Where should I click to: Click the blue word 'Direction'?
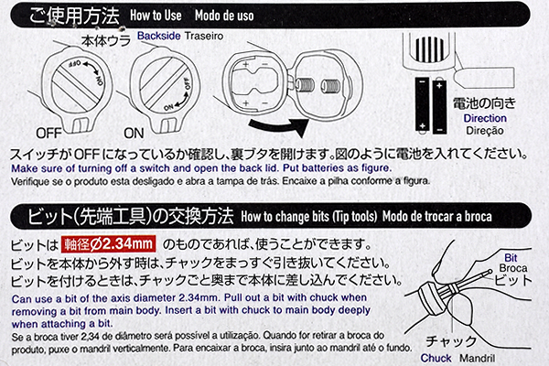(485, 119)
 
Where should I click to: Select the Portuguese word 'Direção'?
(485, 132)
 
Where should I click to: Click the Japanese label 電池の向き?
(486, 103)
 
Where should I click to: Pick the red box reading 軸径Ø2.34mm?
(110, 244)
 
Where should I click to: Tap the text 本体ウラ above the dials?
(102, 41)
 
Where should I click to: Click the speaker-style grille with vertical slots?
(430, 46)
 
